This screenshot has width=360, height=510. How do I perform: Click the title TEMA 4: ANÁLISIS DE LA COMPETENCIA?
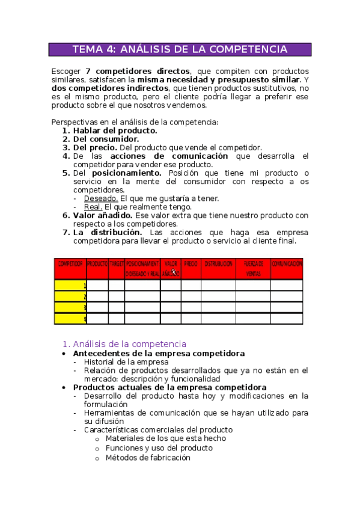click(x=180, y=49)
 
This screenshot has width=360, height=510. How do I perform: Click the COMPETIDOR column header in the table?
click(x=70, y=269)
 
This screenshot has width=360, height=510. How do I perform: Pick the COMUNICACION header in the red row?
click(x=287, y=264)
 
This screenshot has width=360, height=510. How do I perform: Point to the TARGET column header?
click(x=117, y=264)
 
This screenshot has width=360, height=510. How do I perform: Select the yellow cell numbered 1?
click(x=70, y=286)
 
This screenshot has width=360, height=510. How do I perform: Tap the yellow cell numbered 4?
click(x=70, y=319)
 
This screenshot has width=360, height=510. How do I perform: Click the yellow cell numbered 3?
click(x=70, y=307)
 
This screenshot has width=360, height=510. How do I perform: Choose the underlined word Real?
click(x=93, y=207)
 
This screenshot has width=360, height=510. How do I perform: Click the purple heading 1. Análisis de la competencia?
click(x=124, y=344)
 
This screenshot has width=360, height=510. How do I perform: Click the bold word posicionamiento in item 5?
click(x=126, y=173)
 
